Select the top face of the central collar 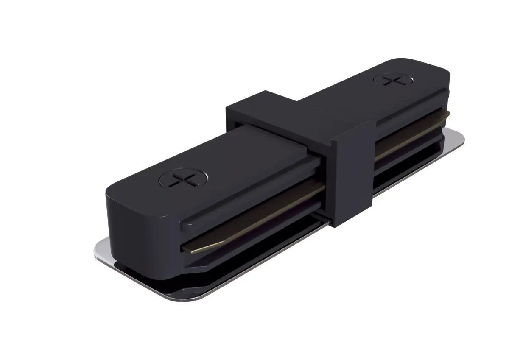tap(297, 114)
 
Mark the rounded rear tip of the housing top tap(428, 68)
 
